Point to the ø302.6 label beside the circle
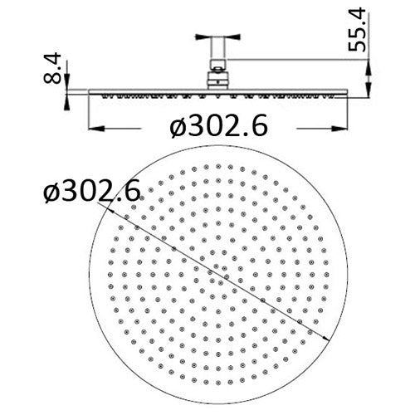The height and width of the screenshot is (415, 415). click(90, 195)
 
